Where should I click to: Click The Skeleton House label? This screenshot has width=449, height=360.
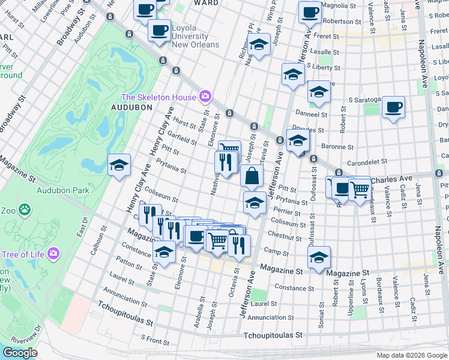(158, 97)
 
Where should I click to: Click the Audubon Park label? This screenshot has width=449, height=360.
(62, 190)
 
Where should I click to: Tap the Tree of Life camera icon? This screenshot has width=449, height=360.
(53, 254)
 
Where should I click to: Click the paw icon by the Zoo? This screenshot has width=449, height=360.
(24, 209)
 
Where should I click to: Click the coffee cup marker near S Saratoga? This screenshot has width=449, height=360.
(394, 107)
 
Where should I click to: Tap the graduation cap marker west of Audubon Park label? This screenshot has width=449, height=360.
(119, 165)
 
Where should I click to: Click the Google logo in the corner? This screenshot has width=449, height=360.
(20, 353)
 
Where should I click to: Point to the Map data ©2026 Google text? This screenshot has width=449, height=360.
(412, 355)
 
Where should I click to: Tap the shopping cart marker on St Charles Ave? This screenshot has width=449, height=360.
(359, 190)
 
